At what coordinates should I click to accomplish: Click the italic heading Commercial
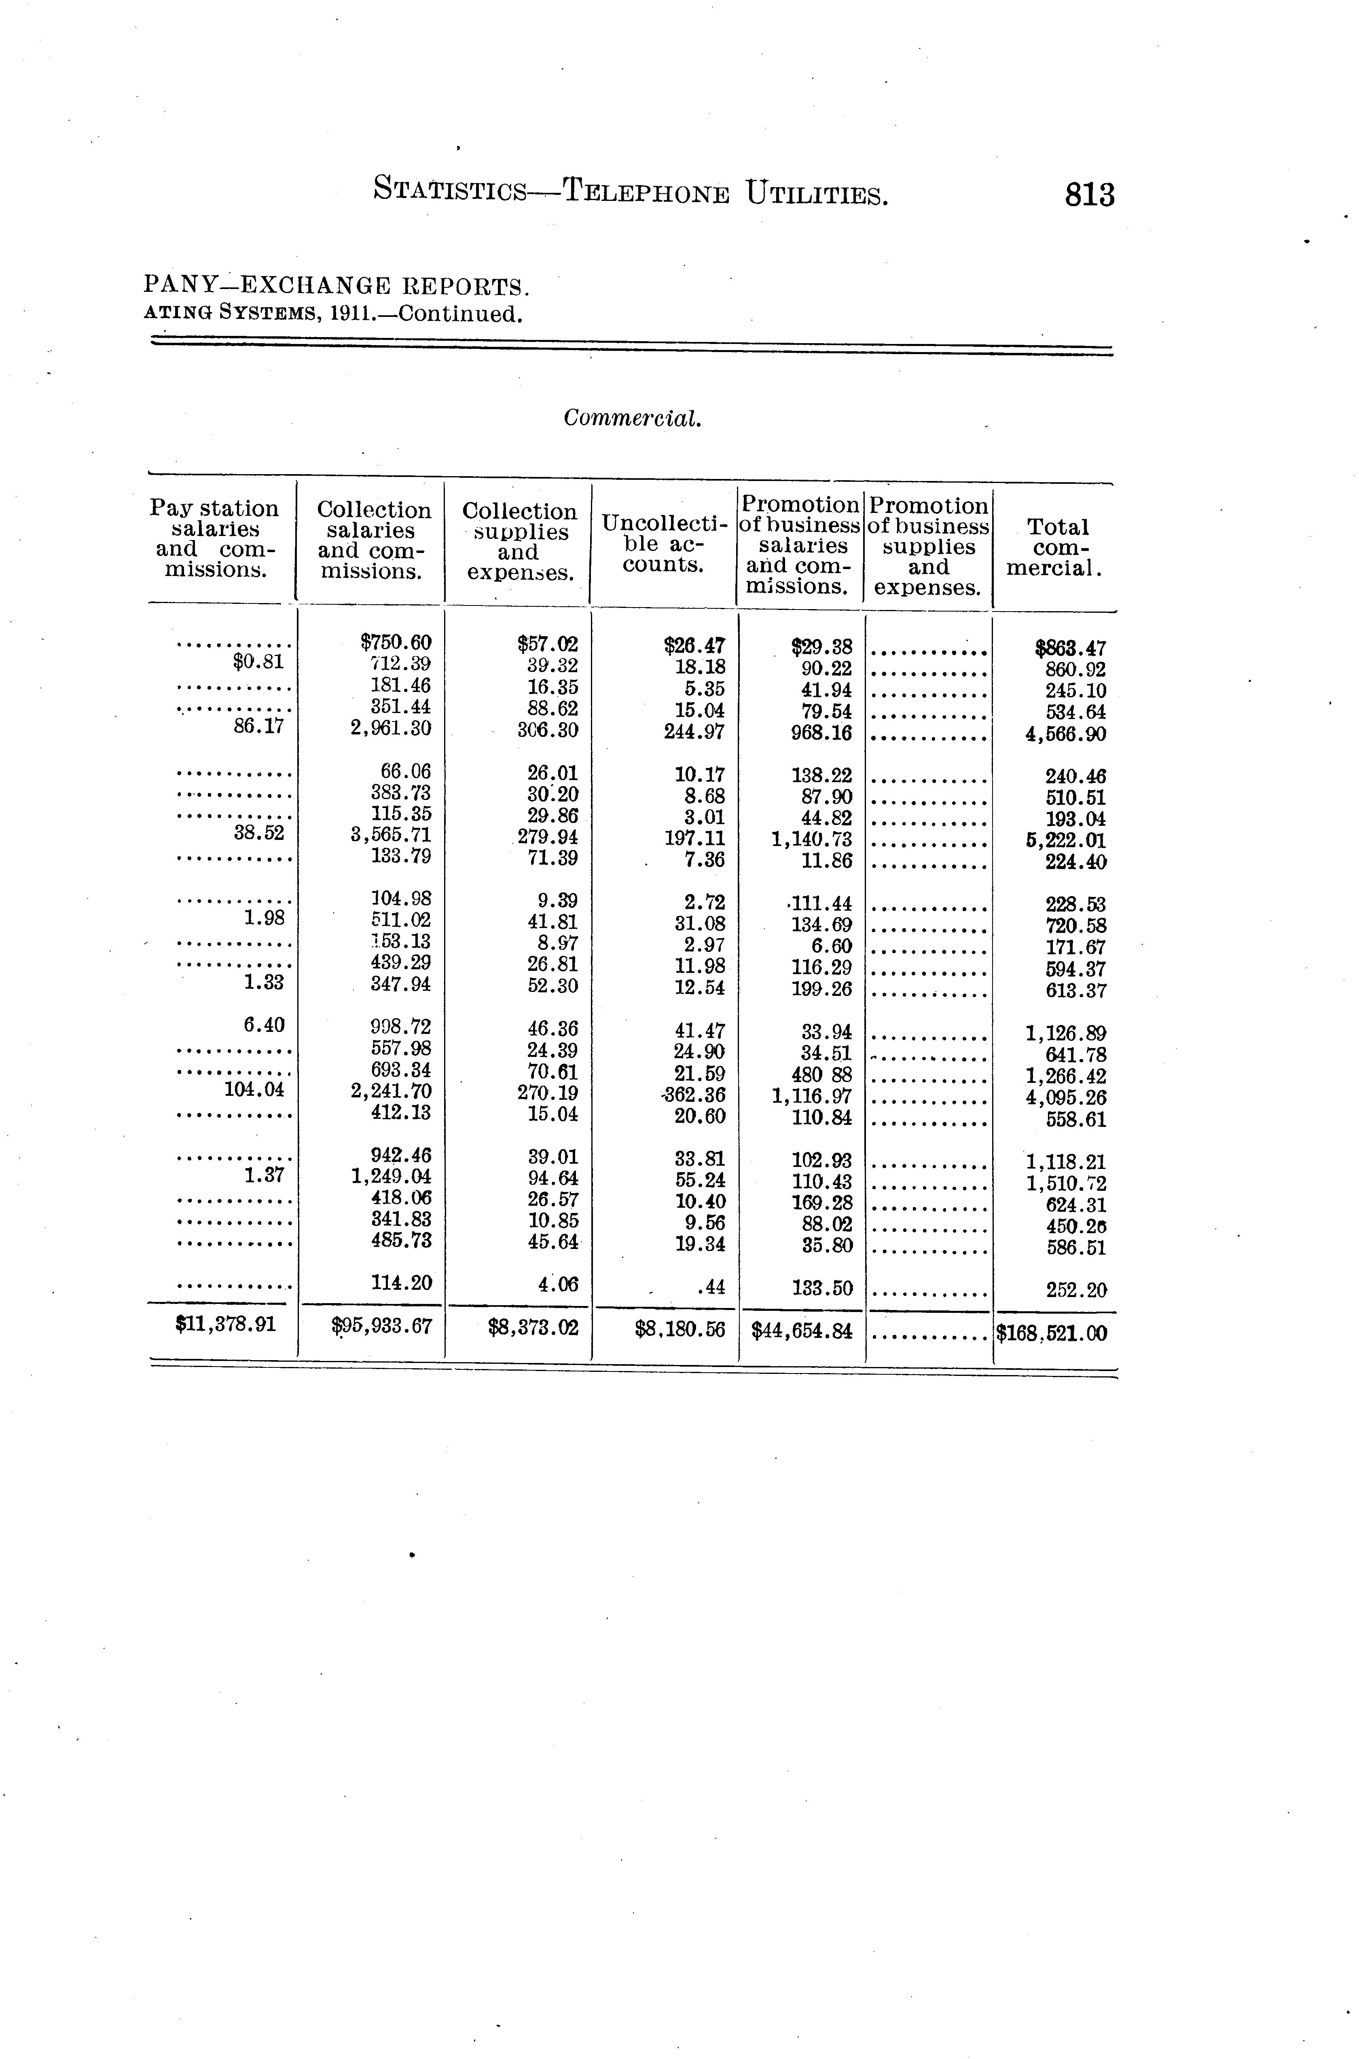point(632,418)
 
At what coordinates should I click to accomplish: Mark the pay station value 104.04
point(254,1090)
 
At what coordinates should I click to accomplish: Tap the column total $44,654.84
point(802,1331)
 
